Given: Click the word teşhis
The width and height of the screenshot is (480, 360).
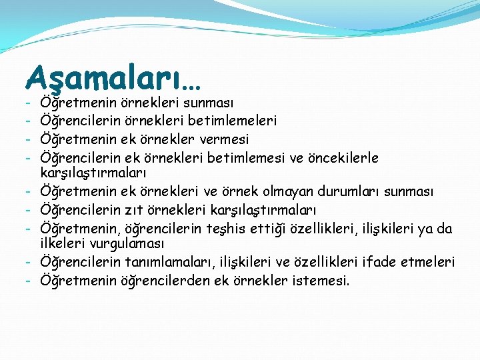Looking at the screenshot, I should click(x=251, y=229).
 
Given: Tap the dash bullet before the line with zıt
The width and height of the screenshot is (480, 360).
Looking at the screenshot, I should click(x=30, y=211).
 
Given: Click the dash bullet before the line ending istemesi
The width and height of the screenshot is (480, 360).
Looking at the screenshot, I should click(x=30, y=280).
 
